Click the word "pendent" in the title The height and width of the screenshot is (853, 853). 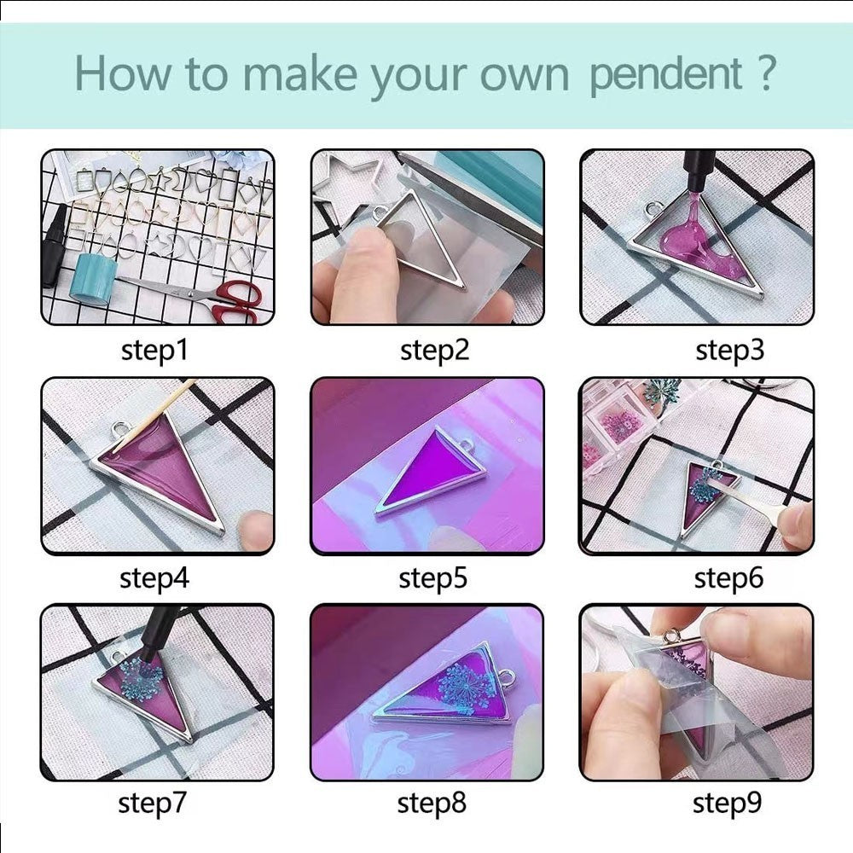pyautogui.click(x=666, y=76)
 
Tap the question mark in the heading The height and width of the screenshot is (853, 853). pyautogui.click(x=765, y=73)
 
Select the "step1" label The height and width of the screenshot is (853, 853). pyautogui.click(x=154, y=350)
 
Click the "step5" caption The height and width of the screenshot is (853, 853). pyautogui.click(x=432, y=578)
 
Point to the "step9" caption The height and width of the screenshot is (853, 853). pyautogui.click(x=727, y=804)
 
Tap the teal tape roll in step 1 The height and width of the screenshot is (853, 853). pyautogui.click(x=93, y=277)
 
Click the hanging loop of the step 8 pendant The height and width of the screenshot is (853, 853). pyautogui.click(x=506, y=677)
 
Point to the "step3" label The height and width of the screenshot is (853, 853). pyautogui.click(x=729, y=350)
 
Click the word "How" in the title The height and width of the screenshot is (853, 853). pyautogui.click(x=122, y=73)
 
